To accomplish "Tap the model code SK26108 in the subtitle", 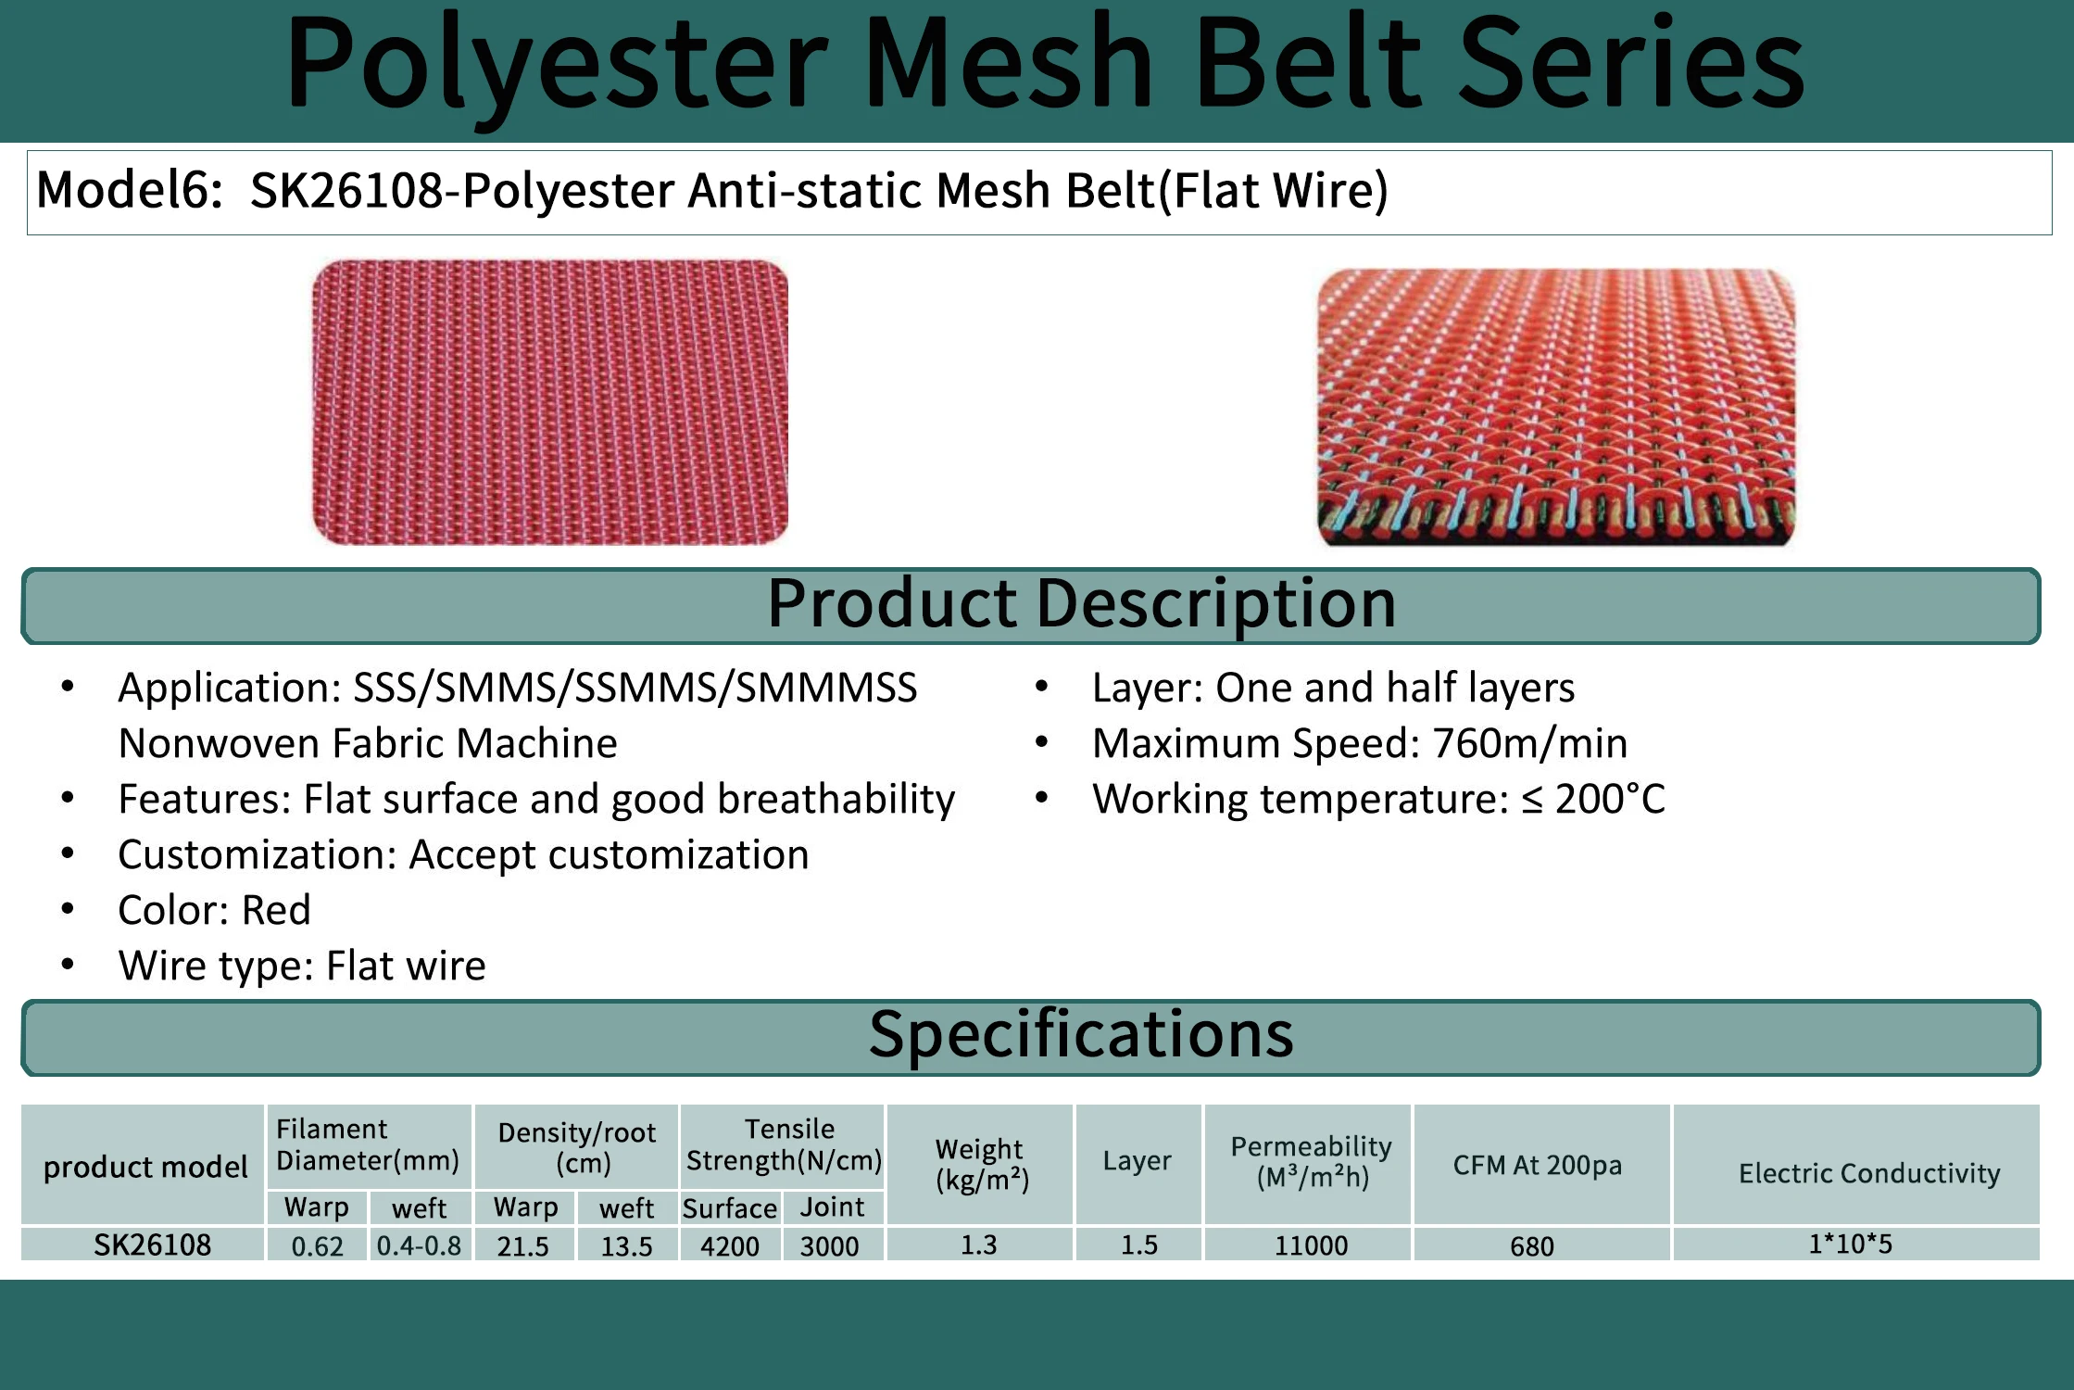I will (x=346, y=191).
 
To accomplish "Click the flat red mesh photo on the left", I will (x=550, y=402).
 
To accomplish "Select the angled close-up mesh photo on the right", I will (x=1555, y=407).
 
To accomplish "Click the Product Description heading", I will (x=1080, y=604).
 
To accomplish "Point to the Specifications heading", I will (x=1080, y=1035).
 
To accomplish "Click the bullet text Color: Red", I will (x=214, y=910).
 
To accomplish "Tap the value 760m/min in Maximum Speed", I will (x=1529, y=743).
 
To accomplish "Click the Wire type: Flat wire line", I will (x=301, y=966).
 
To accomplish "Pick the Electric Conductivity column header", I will (x=1868, y=1173).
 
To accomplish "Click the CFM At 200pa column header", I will (x=1537, y=1165).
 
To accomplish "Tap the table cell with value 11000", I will (x=1310, y=1245).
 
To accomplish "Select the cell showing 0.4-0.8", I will (x=419, y=1245).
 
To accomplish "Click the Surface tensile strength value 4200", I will (x=729, y=1246).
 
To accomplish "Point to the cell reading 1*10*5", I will (x=1850, y=1244).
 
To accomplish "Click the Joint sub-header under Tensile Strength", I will (x=831, y=1207).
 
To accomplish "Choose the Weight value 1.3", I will (x=978, y=1245).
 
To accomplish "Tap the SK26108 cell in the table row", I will (x=152, y=1245).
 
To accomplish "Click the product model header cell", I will (x=145, y=1167).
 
